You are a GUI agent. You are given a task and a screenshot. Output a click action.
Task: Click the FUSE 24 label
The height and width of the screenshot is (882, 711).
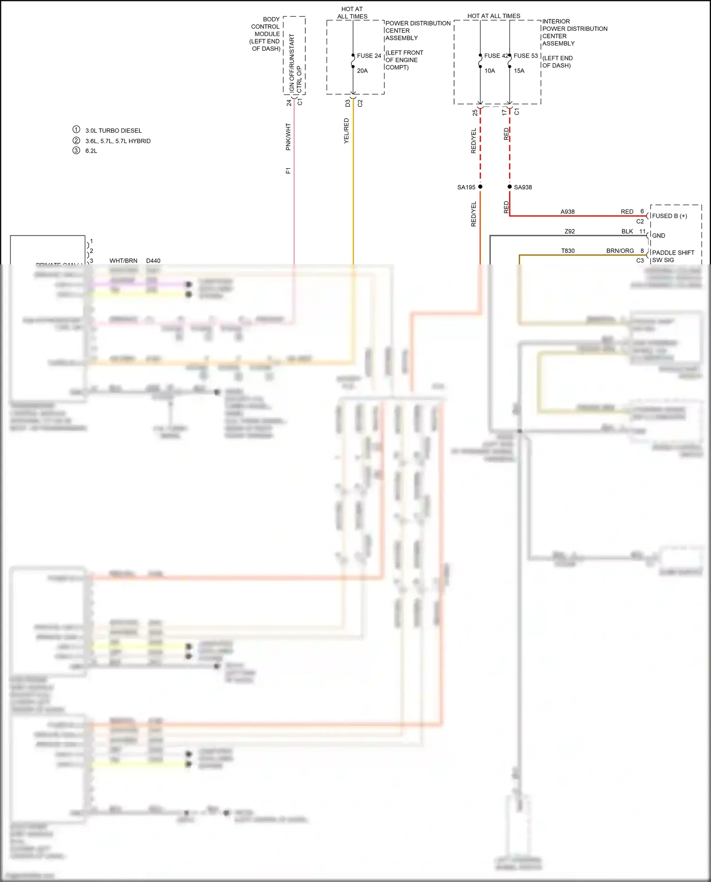pos(369,56)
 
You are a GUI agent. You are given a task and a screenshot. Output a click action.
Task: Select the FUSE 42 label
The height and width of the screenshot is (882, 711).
pos(496,56)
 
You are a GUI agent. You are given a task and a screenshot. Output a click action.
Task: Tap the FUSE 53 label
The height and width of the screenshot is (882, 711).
pos(526,56)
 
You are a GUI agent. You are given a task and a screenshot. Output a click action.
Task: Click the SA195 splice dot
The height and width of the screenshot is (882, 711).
pos(480,187)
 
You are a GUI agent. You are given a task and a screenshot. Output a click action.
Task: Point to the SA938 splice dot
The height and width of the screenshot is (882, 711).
pos(510,187)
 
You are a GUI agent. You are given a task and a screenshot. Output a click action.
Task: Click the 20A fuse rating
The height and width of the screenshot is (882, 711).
pos(362,71)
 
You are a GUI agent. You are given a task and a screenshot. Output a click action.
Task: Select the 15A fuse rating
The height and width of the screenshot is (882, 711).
pos(519,71)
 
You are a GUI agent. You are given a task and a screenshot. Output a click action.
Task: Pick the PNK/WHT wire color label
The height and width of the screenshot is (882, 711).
pos(288,137)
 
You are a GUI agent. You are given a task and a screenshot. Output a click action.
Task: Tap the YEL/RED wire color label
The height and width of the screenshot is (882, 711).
pos(346,131)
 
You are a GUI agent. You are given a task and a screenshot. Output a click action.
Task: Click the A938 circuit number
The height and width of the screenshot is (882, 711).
pos(567,212)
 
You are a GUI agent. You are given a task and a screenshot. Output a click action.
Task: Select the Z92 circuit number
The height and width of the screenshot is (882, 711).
pos(570,232)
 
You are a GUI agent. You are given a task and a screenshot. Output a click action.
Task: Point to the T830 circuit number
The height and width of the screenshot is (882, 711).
pos(568,251)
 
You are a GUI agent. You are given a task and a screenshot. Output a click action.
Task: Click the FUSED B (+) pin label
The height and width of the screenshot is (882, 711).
pos(669,216)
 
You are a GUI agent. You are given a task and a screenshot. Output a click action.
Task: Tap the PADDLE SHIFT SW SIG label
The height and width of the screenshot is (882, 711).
pos(673,256)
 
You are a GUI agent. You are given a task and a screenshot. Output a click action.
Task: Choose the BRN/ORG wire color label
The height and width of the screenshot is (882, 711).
pos(620,251)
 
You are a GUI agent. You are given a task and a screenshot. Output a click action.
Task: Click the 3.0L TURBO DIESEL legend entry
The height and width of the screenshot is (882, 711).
pos(113,131)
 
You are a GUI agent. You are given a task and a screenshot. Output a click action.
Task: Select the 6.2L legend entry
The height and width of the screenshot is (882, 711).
pos(91,151)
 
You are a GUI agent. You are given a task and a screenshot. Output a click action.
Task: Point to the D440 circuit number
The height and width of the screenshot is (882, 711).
pos(153,261)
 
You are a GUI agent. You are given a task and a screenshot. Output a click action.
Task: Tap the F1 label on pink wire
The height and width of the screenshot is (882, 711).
pos(288,171)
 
